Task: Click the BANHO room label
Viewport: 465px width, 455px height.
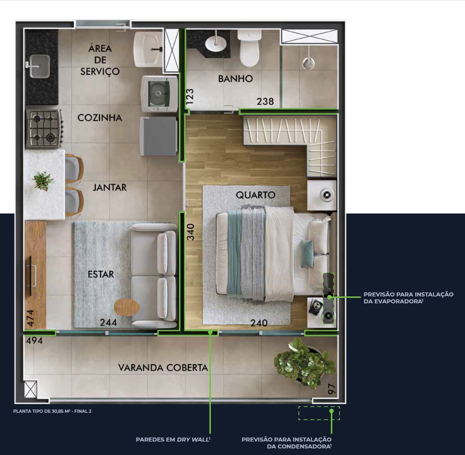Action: tap(235, 79)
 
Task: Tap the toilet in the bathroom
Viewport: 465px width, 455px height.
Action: tap(249, 48)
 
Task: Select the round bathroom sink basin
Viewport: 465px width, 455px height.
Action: tap(216, 44)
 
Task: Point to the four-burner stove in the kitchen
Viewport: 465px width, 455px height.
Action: tap(44, 128)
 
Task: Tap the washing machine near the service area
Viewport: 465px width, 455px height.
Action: tap(159, 94)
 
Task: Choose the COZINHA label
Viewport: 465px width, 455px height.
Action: tap(100, 117)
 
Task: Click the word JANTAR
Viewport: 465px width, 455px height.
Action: tap(110, 187)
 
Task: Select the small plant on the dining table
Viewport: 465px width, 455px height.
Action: tap(43, 180)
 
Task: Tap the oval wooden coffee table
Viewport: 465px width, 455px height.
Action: tap(127, 307)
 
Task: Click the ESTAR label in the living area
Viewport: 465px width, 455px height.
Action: tap(101, 274)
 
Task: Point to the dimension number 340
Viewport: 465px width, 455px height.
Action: tap(191, 232)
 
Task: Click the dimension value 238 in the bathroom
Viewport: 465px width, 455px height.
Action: tap(265, 101)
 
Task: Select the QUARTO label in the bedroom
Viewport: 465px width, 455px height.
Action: tap(256, 195)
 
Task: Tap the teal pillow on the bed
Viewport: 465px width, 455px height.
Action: tap(307, 254)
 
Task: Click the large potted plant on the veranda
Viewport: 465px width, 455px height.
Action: tap(305, 362)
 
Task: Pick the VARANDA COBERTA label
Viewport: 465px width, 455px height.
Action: tap(163, 368)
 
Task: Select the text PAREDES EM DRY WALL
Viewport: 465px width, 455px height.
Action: tap(173, 439)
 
